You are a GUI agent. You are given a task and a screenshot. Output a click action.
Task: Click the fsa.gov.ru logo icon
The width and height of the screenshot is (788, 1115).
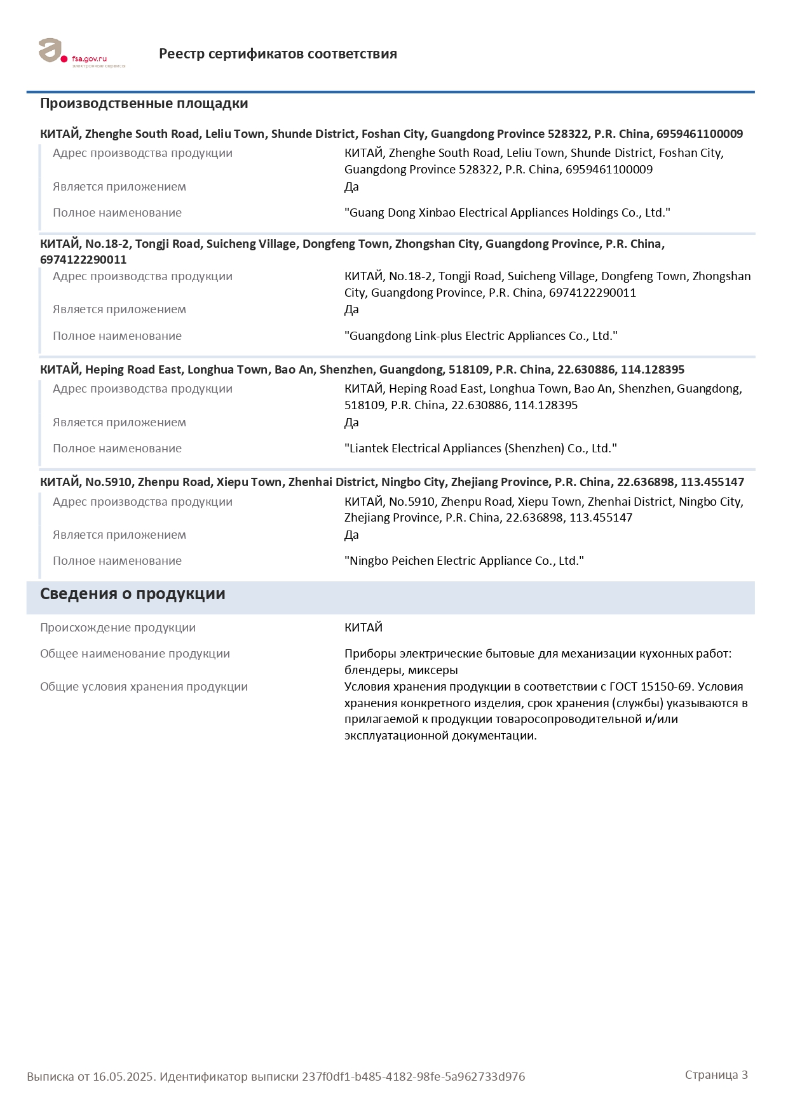click(x=51, y=51)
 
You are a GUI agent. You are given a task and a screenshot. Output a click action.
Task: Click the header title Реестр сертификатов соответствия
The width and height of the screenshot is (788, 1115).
click(x=278, y=54)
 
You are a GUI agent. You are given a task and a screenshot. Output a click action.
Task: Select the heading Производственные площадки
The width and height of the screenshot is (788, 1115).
click(x=144, y=104)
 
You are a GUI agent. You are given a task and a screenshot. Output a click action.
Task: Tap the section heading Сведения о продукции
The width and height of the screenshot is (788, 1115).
click(x=132, y=594)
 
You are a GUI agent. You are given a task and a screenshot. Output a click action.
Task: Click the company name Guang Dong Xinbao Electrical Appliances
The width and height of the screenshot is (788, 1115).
click(x=507, y=213)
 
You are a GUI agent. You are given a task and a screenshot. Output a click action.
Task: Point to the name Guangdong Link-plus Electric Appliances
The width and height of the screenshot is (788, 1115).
click(x=481, y=336)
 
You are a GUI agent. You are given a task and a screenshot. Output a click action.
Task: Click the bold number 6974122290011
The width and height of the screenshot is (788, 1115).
click(x=83, y=260)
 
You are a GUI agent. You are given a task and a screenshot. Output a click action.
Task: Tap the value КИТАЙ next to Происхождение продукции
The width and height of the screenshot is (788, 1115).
click(x=363, y=628)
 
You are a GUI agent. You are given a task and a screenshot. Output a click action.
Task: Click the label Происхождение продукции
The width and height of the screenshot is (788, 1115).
click(x=118, y=628)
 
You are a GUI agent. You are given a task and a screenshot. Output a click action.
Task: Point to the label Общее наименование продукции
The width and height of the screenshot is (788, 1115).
click(x=135, y=654)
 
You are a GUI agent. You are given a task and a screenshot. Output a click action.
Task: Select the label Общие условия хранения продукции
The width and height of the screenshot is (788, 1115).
click(x=144, y=687)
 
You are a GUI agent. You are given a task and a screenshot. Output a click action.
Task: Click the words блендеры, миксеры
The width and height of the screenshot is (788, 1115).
click(x=401, y=670)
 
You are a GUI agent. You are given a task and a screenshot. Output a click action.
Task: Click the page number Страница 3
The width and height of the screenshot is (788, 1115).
click(x=716, y=1075)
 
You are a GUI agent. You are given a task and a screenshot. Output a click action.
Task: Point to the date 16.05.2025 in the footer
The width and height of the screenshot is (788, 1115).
click(x=123, y=1077)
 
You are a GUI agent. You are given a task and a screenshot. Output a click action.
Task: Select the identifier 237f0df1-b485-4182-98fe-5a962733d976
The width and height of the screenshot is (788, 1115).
click(x=413, y=1077)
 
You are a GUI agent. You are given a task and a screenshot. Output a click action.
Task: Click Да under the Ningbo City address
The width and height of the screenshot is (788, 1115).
click(x=351, y=535)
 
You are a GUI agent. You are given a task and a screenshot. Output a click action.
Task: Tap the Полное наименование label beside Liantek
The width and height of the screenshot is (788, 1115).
click(x=117, y=449)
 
